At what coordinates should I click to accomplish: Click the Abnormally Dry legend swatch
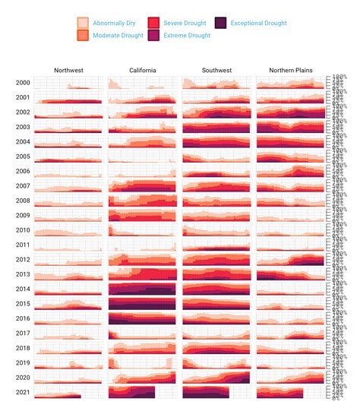84,24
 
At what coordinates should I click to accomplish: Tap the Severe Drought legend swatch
153,24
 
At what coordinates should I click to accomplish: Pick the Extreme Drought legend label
187,36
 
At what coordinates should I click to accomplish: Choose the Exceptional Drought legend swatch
221,24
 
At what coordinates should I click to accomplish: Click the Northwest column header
68,71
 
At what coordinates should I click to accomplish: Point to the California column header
142,71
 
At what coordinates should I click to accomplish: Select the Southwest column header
216,71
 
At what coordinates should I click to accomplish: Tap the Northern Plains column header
291,71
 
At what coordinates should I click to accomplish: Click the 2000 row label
23,83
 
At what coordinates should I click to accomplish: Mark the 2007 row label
23,186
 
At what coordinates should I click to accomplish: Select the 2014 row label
23,289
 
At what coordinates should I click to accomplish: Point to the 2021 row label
23,392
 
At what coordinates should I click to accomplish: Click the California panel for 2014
142,289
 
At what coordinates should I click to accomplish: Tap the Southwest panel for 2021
216,392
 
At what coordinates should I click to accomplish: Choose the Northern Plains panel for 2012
291,259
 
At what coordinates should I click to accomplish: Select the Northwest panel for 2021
68,392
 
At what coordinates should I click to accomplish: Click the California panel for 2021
142,392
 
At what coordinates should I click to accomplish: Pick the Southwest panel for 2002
216,112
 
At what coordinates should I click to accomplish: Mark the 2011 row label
23,245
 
